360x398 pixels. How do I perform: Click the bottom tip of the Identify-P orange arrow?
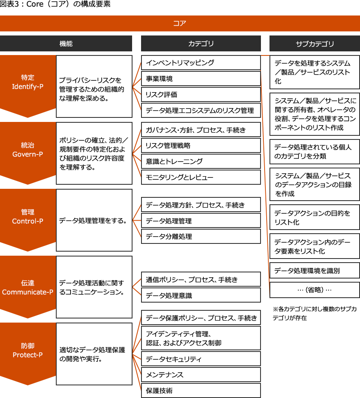(x=28, y=117)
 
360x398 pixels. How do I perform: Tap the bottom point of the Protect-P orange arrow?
(x=28, y=385)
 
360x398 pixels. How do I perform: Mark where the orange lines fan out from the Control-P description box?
(x=133, y=220)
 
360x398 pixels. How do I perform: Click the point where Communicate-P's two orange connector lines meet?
(x=133, y=287)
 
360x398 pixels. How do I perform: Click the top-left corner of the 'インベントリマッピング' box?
(x=141, y=55)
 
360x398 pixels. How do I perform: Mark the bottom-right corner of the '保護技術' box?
(x=261, y=398)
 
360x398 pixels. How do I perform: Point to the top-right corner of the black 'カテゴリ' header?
(x=261, y=35)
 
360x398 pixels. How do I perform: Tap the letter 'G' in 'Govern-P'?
(x=15, y=154)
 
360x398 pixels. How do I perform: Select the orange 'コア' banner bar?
(x=180, y=23)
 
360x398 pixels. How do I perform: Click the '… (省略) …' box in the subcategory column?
(x=315, y=290)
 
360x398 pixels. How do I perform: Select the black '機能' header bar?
(x=66, y=43)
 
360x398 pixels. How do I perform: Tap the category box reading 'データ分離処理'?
(x=201, y=237)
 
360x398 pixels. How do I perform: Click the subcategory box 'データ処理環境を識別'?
(x=315, y=271)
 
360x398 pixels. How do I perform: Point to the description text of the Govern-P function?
(x=93, y=154)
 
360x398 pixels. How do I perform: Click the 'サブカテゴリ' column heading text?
(x=315, y=44)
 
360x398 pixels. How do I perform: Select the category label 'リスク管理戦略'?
(x=168, y=146)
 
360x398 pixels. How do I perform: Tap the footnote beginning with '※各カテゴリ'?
(x=315, y=313)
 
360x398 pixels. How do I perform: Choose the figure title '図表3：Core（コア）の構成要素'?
(x=55, y=4)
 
